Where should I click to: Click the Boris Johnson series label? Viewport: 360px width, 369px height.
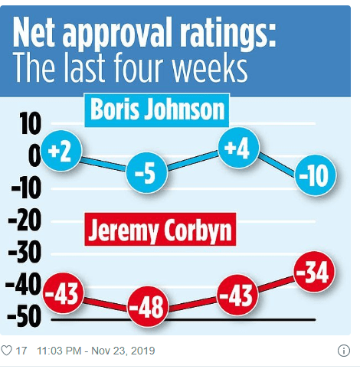click(158, 110)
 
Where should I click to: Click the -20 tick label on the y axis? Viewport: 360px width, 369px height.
click(25, 221)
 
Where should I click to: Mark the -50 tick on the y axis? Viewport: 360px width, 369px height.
click(25, 318)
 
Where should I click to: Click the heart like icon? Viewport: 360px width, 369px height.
click(8, 351)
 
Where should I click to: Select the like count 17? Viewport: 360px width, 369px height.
click(21, 351)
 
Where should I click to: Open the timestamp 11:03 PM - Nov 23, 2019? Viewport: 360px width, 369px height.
click(95, 351)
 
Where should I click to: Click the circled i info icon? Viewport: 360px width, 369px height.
click(344, 351)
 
